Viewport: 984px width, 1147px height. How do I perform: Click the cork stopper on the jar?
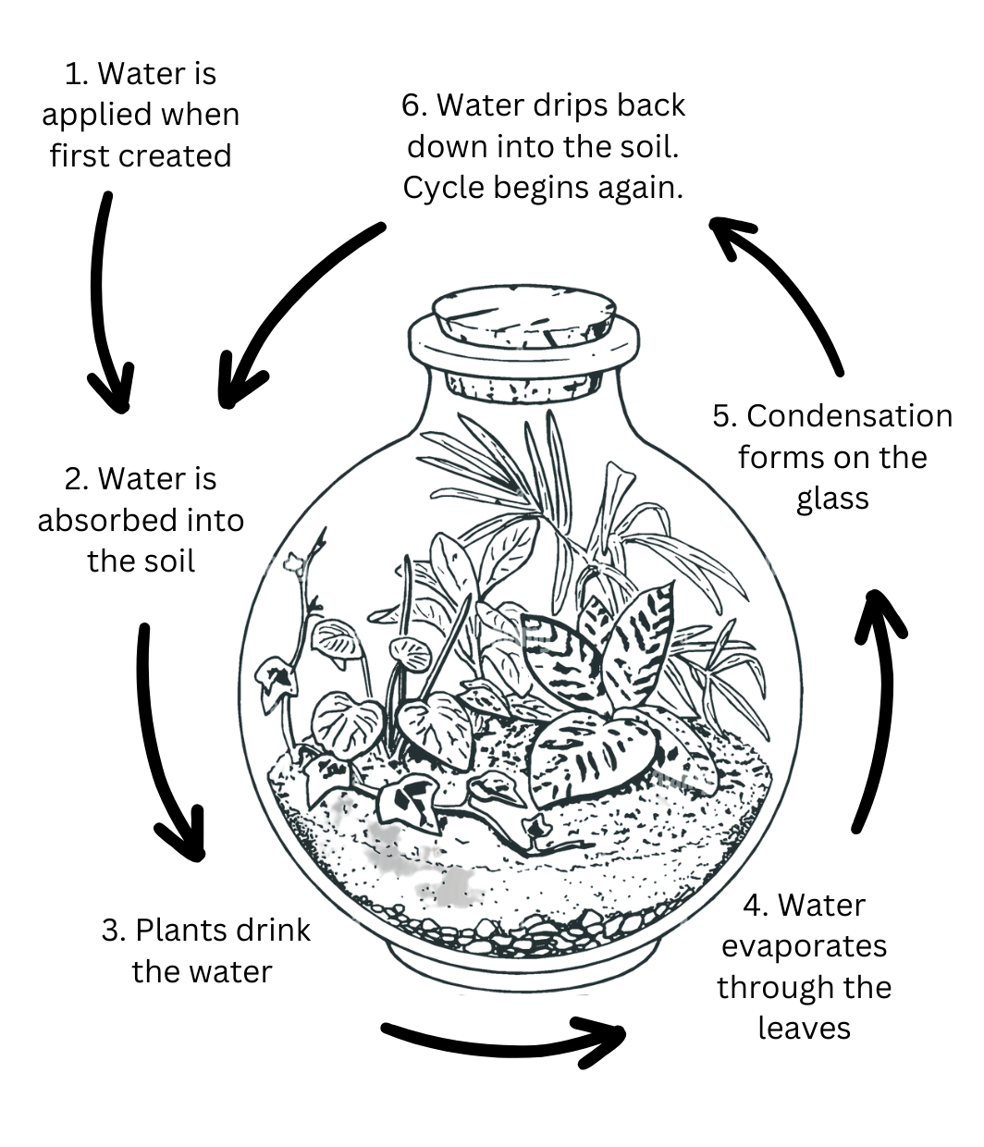click(523, 319)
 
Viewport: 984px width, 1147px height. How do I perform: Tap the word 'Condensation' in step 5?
click(849, 416)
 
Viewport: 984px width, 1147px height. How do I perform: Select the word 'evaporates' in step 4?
click(804, 946)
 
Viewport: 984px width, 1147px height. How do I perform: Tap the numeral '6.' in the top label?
click(413, 105)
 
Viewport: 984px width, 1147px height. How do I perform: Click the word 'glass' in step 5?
click(831, 499)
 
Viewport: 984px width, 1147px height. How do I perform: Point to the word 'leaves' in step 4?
click(804, 1028)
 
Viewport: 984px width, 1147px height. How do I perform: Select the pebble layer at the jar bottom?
click(518, 930)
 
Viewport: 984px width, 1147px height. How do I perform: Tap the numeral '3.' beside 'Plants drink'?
click(113, 930)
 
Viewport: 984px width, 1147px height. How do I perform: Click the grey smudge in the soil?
click(388, 846)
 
